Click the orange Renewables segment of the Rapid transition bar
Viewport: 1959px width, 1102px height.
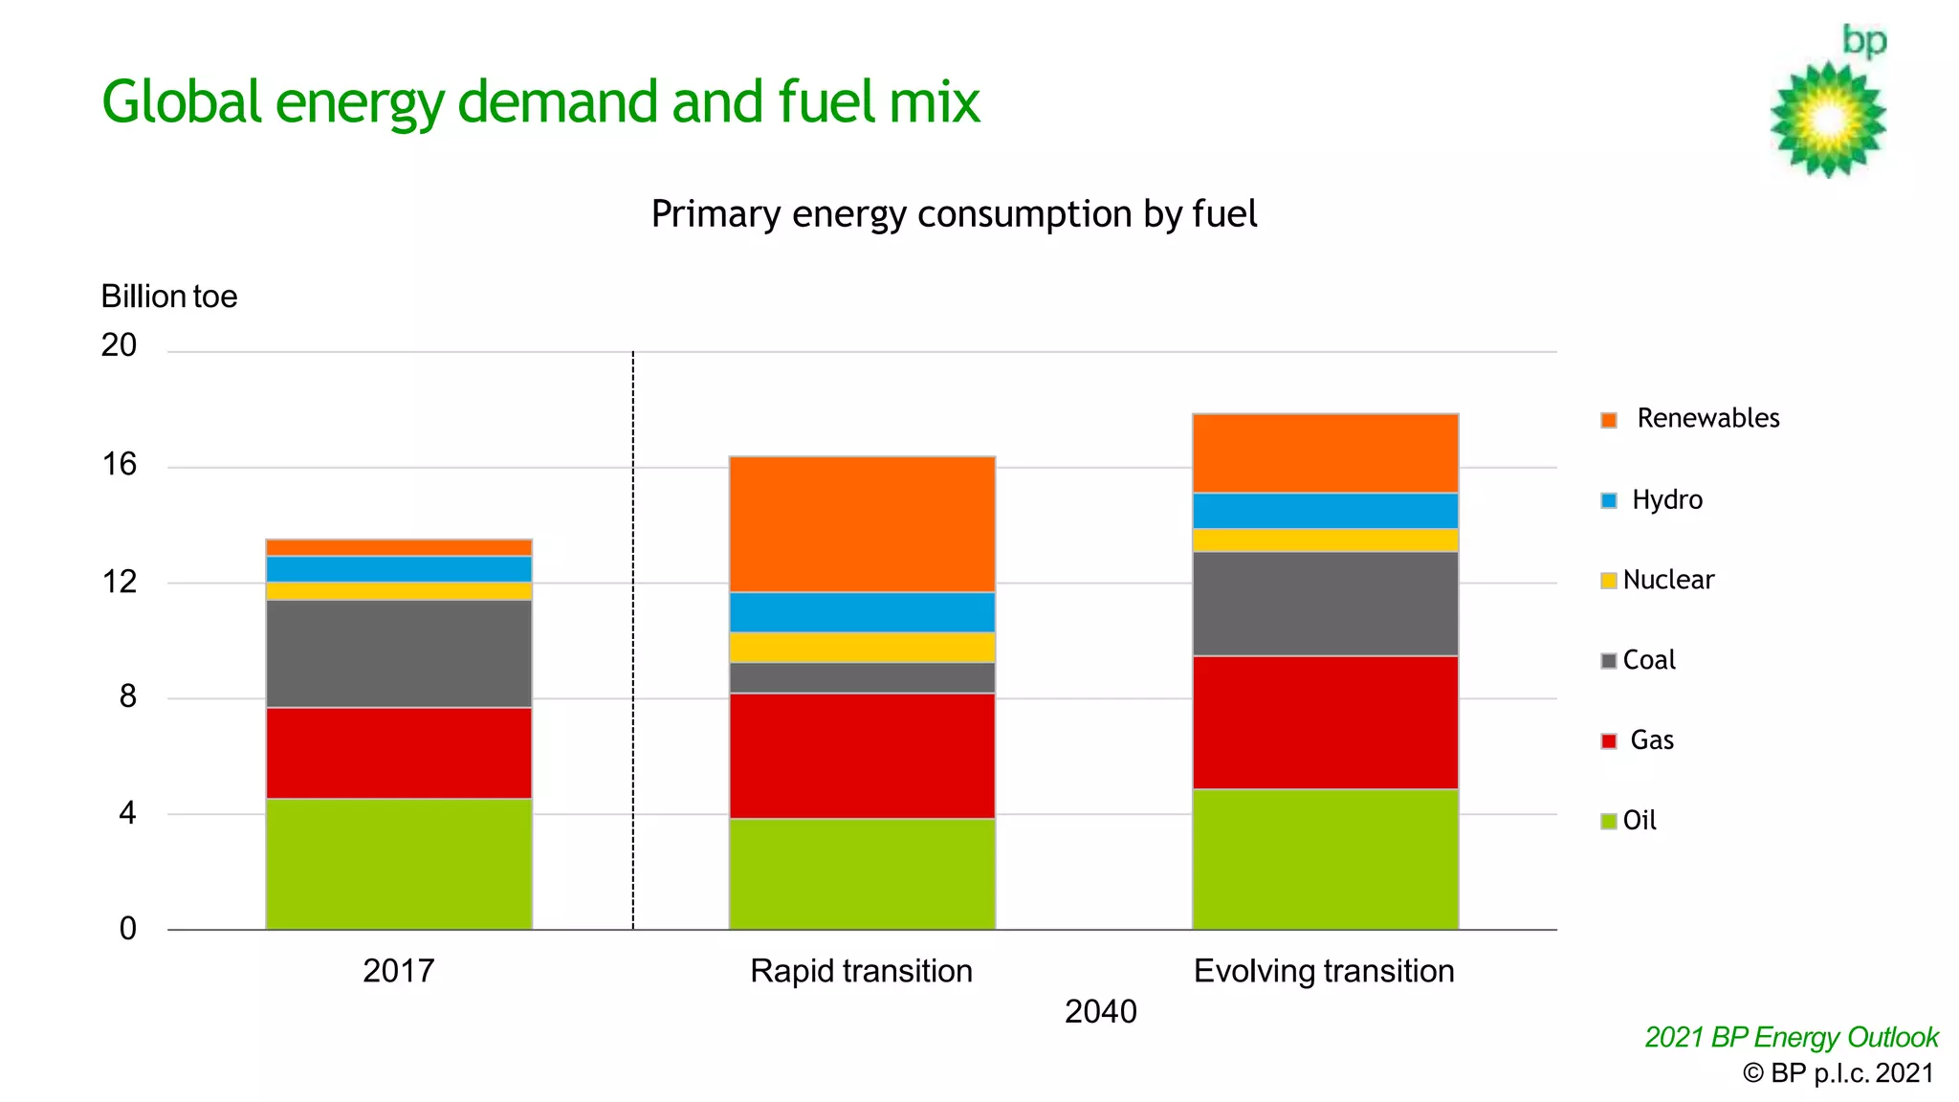862,524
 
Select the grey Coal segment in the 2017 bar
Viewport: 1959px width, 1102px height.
399,653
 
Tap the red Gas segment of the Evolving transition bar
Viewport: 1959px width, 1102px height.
1325,722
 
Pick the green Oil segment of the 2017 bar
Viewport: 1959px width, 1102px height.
399,864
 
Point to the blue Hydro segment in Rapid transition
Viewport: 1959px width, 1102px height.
862,612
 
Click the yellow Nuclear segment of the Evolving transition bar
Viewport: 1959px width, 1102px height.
1325,540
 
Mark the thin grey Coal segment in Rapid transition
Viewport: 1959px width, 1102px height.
862,677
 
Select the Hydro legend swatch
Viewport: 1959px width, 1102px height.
1609,500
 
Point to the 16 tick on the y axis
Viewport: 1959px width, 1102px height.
120,465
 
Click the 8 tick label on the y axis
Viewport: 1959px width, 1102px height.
127,696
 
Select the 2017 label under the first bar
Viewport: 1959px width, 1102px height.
399,971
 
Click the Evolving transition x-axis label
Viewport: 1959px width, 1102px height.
1324,971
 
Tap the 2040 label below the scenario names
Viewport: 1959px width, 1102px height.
1100,1011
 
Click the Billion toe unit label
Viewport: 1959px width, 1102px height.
169,297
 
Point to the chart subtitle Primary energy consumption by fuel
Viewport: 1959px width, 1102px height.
954,214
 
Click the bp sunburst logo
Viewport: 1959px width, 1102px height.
1828,119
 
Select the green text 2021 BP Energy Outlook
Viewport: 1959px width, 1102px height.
1791,1037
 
